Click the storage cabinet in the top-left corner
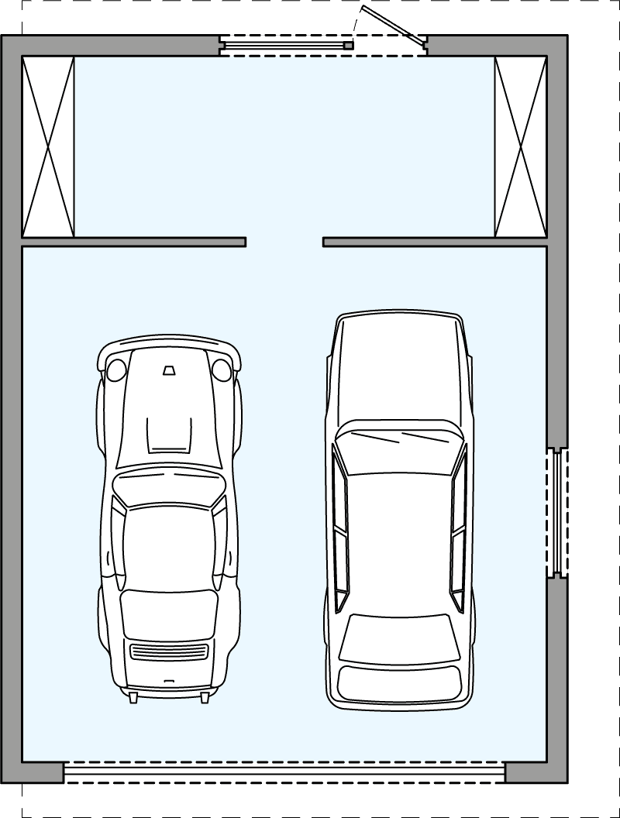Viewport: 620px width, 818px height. [48, 146]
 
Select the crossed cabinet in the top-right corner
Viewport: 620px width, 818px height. [521, 146]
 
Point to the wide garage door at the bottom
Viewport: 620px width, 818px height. [284, 772]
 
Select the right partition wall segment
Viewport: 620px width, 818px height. [435, 242]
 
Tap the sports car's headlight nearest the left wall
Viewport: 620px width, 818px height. [116, 369]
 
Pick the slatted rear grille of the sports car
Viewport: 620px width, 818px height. [169, 651]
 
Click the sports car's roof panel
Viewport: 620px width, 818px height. [168, 546]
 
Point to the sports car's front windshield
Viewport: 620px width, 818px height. [168, 488]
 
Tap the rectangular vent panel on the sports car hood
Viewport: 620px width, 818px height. [169, 434]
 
